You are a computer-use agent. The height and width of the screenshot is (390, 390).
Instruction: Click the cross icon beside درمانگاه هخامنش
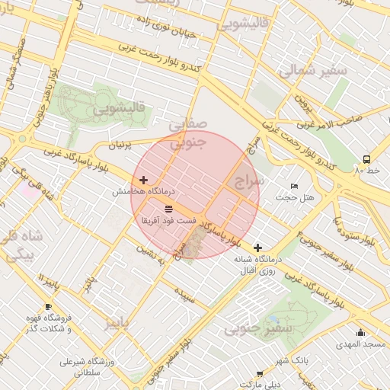144,179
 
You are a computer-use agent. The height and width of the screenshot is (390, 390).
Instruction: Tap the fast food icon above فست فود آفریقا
168,208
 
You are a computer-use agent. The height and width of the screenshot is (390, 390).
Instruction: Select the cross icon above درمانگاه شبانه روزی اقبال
258,248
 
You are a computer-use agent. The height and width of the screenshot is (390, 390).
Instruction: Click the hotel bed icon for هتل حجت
295,187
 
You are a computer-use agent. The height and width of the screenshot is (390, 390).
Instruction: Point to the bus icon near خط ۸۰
367,160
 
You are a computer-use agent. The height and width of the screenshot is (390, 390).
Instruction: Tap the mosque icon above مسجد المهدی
360,333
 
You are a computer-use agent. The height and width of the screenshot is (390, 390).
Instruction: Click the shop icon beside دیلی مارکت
261,374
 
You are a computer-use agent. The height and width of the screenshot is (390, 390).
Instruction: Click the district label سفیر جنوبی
259,329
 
